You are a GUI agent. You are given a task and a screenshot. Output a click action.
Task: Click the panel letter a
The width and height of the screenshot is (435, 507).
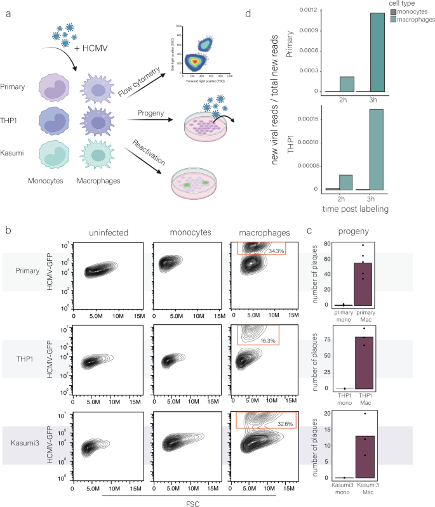click(x=7, y=11)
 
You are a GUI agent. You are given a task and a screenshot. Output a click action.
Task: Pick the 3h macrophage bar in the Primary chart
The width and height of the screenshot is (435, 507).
click(x=375, y=53)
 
